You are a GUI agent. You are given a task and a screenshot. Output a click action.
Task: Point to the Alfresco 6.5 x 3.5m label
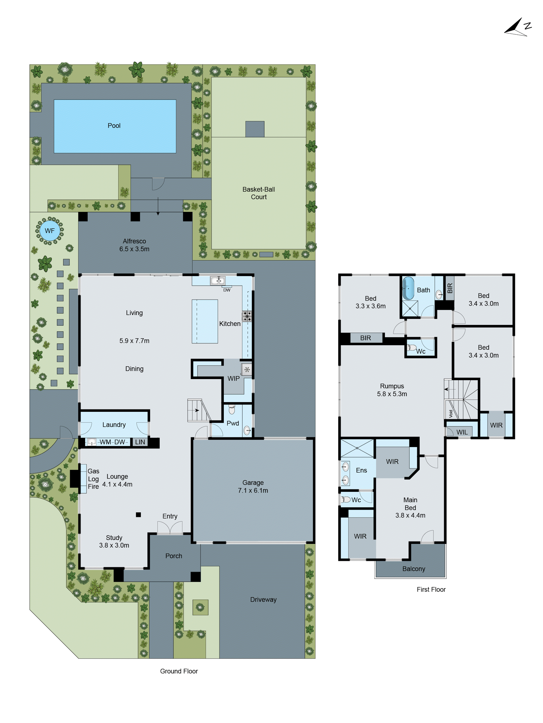[x=134, y=245]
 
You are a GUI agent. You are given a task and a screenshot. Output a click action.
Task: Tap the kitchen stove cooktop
[x=247, y=316]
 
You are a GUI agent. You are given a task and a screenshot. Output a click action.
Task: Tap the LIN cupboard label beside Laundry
[x=140, y=442]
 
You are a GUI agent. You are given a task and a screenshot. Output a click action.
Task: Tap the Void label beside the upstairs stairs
[x=451, y=414]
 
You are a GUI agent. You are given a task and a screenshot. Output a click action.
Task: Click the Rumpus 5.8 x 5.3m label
[x=392, y=390]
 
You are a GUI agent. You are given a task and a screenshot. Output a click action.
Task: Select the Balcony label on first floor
[x=413, y=569]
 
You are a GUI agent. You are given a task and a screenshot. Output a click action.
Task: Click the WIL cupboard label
[x=462, y=432]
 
